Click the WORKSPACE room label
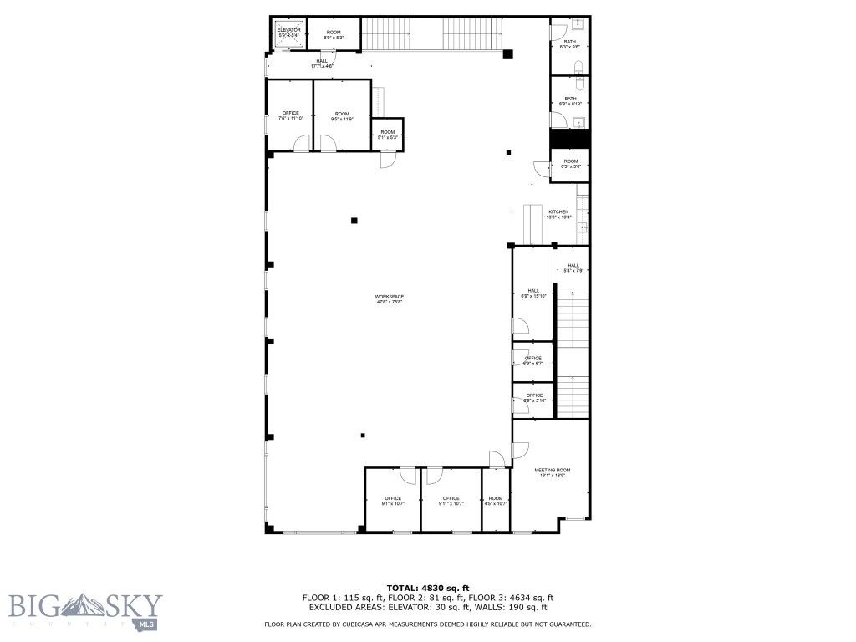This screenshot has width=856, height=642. [390, 299]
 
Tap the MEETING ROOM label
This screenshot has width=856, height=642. [552, 472]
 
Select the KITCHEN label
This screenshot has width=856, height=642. [558, 214]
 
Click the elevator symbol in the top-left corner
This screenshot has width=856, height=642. [288, 34]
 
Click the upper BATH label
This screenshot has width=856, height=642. [570, 43]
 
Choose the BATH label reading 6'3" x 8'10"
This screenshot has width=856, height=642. [570, 101]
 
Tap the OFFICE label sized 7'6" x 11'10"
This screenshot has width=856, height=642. [290, 115]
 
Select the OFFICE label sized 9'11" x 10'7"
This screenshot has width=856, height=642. [451, 501]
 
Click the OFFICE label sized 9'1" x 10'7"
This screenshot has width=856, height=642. [393, 501]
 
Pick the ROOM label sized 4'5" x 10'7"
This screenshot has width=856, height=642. [497, 501]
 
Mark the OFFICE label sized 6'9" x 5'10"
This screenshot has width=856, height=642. [533, 398]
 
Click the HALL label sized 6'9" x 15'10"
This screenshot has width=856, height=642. [533, 293]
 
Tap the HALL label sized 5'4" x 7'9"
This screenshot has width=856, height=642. [573, 267]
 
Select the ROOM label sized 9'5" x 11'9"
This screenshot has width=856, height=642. [342, 115]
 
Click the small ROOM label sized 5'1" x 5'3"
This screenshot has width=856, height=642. [388, 134]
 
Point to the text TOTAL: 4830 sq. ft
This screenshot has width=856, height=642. [427, 588]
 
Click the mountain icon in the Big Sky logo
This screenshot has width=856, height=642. [86, 604]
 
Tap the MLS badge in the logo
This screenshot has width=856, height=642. [147, 624]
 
